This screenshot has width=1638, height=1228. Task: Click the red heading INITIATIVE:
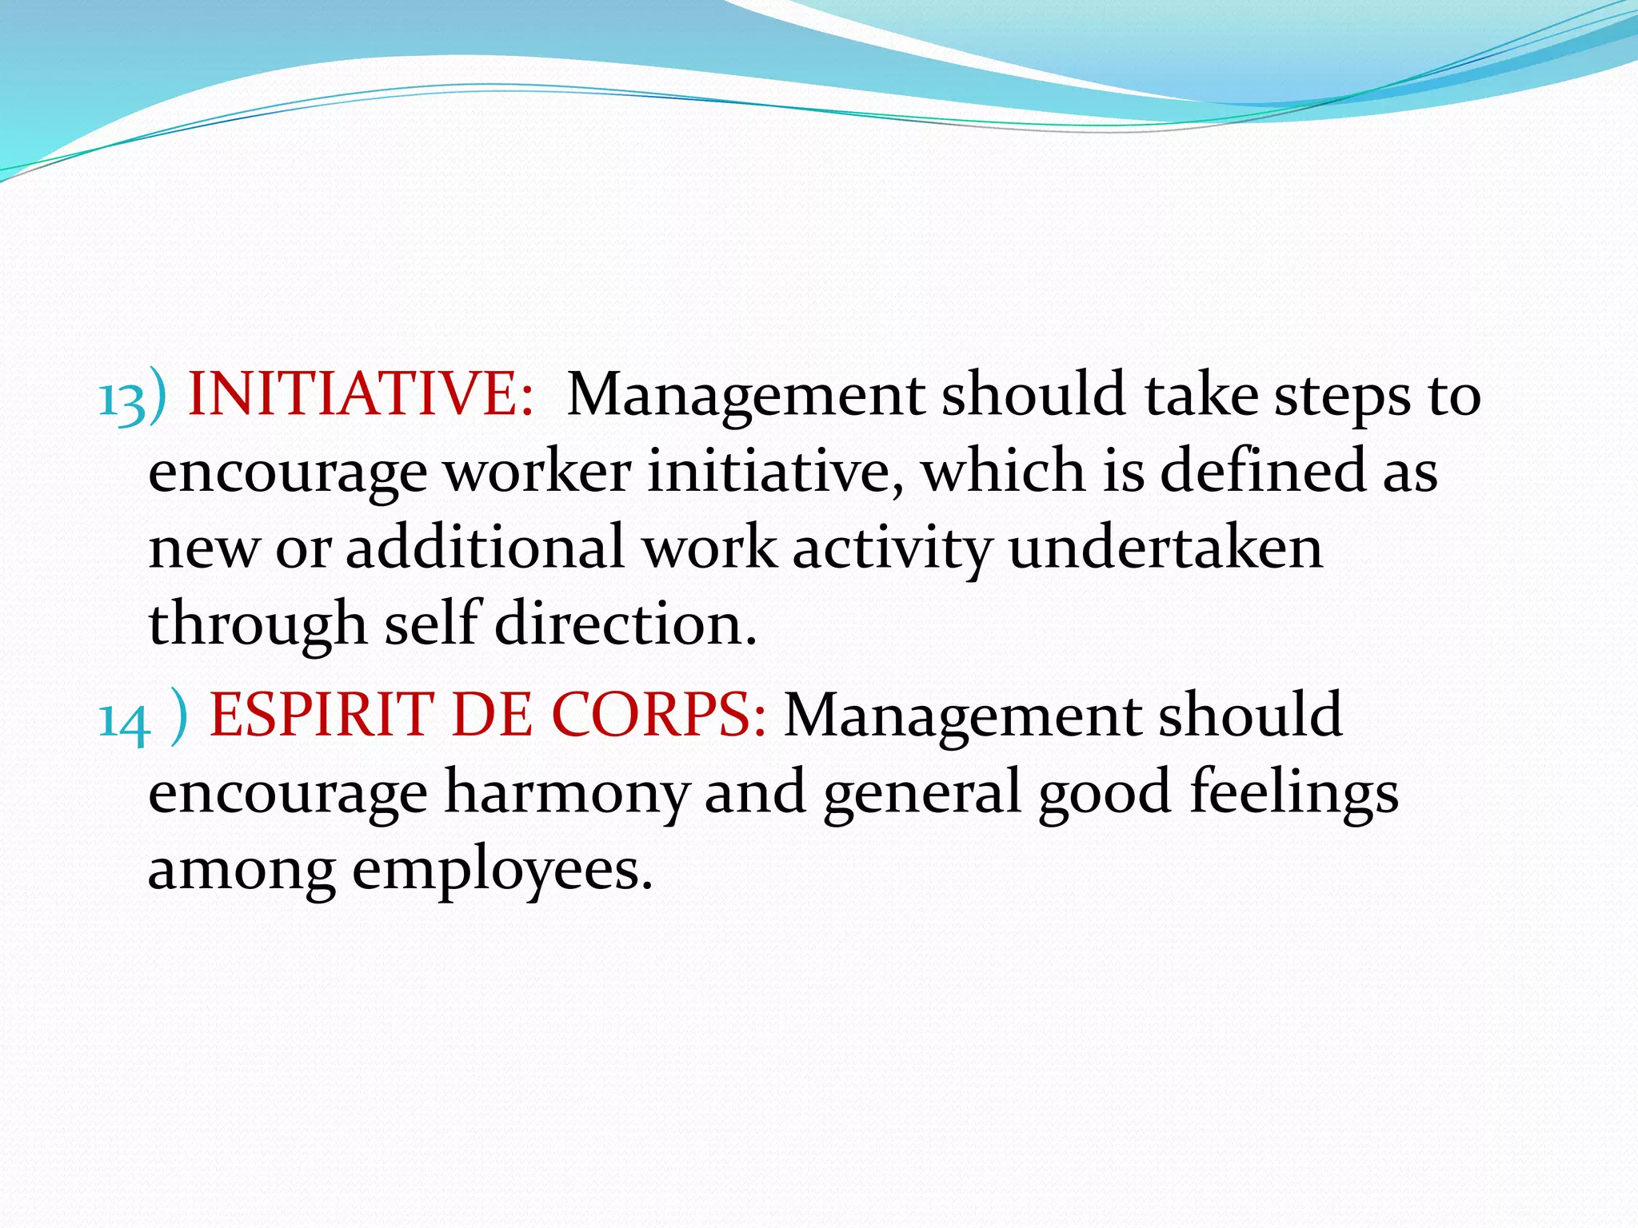(x=360, y=395)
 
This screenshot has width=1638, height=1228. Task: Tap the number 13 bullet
(x=122, y=399)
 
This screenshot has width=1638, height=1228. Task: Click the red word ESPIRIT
(x=321, y=715)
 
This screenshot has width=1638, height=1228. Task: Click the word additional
(x=485, y=548)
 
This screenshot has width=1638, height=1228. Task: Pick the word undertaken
(x=1165, y=548)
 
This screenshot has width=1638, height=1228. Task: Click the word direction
(x=625, y=624)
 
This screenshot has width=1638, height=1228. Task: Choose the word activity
(x=892, y=550)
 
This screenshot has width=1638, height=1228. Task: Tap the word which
(x=1003, y=472)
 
